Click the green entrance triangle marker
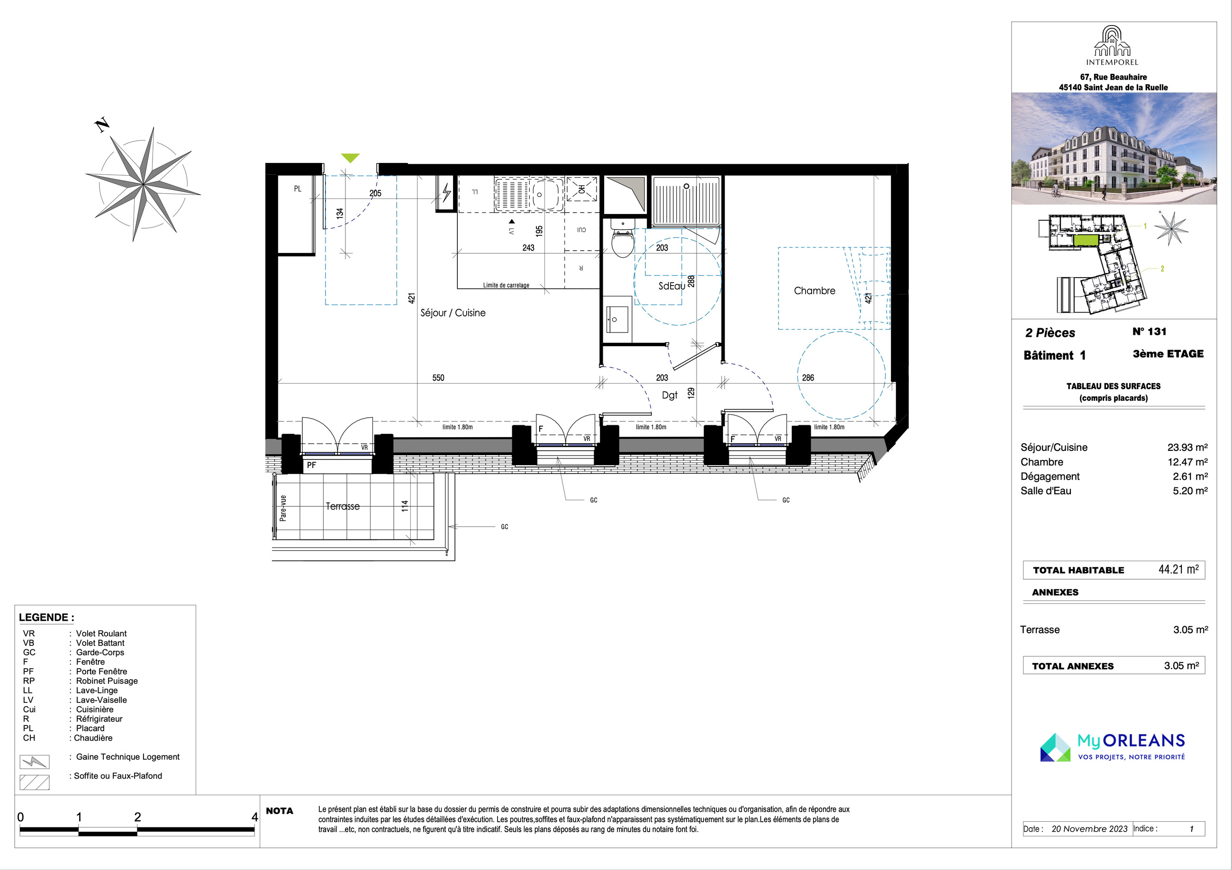point(350,158)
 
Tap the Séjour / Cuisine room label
point(453,313)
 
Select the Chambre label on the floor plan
point(815,291)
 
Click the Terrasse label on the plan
point(342,506)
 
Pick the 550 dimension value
point(438,377)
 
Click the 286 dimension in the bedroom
point(808,377)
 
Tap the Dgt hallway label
point(670,395)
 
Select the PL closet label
point(298,189)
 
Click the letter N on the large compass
point(102,126)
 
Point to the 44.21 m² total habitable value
point(1178,569)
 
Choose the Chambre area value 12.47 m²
point(1187,462)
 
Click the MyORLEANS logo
point(1112,747)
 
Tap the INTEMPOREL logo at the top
point(1112,46)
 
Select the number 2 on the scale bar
point(137,817)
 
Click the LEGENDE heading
point(47,618)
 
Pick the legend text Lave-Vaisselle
point(101,700)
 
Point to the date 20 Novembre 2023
point(1089,829)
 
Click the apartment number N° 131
point(1150,332)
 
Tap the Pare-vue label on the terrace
point(283,508)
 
